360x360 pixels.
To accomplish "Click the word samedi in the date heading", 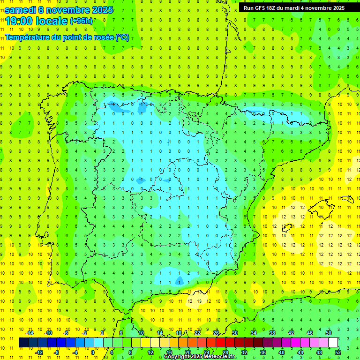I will (21, 9).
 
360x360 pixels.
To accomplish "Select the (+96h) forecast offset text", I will (81, 21).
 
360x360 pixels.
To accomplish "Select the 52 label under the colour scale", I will (338, 352).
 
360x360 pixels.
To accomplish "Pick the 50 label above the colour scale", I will (329, 333).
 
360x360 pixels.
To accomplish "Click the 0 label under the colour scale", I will (93, 352).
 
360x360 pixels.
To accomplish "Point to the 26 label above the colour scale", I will (216, 333).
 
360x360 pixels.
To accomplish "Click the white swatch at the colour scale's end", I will (333, 343).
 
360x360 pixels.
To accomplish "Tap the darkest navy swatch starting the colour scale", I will (23, 343).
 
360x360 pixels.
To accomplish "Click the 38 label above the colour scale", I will (272, 333).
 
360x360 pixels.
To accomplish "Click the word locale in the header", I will (50, 21).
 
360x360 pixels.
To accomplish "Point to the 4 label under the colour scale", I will (112, 352).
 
